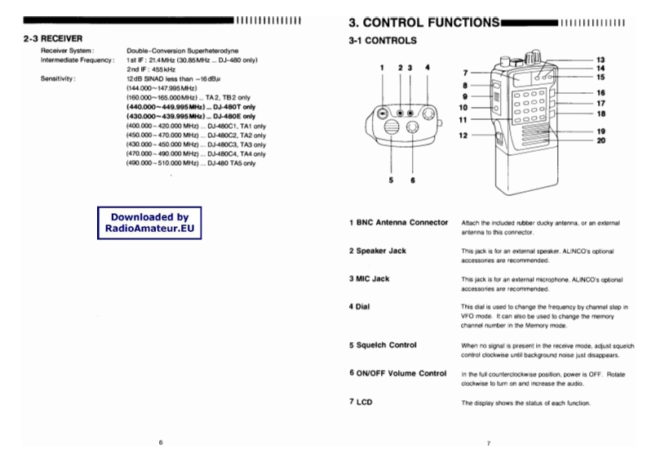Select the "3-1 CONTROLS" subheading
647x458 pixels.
coord(382,40)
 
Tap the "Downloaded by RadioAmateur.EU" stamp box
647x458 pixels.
coord(149,224)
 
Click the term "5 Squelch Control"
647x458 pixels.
coord(382,345)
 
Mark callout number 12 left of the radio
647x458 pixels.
coord(464,136)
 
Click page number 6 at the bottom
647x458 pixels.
coord(161,442)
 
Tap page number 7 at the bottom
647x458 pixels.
coord(487,442)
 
